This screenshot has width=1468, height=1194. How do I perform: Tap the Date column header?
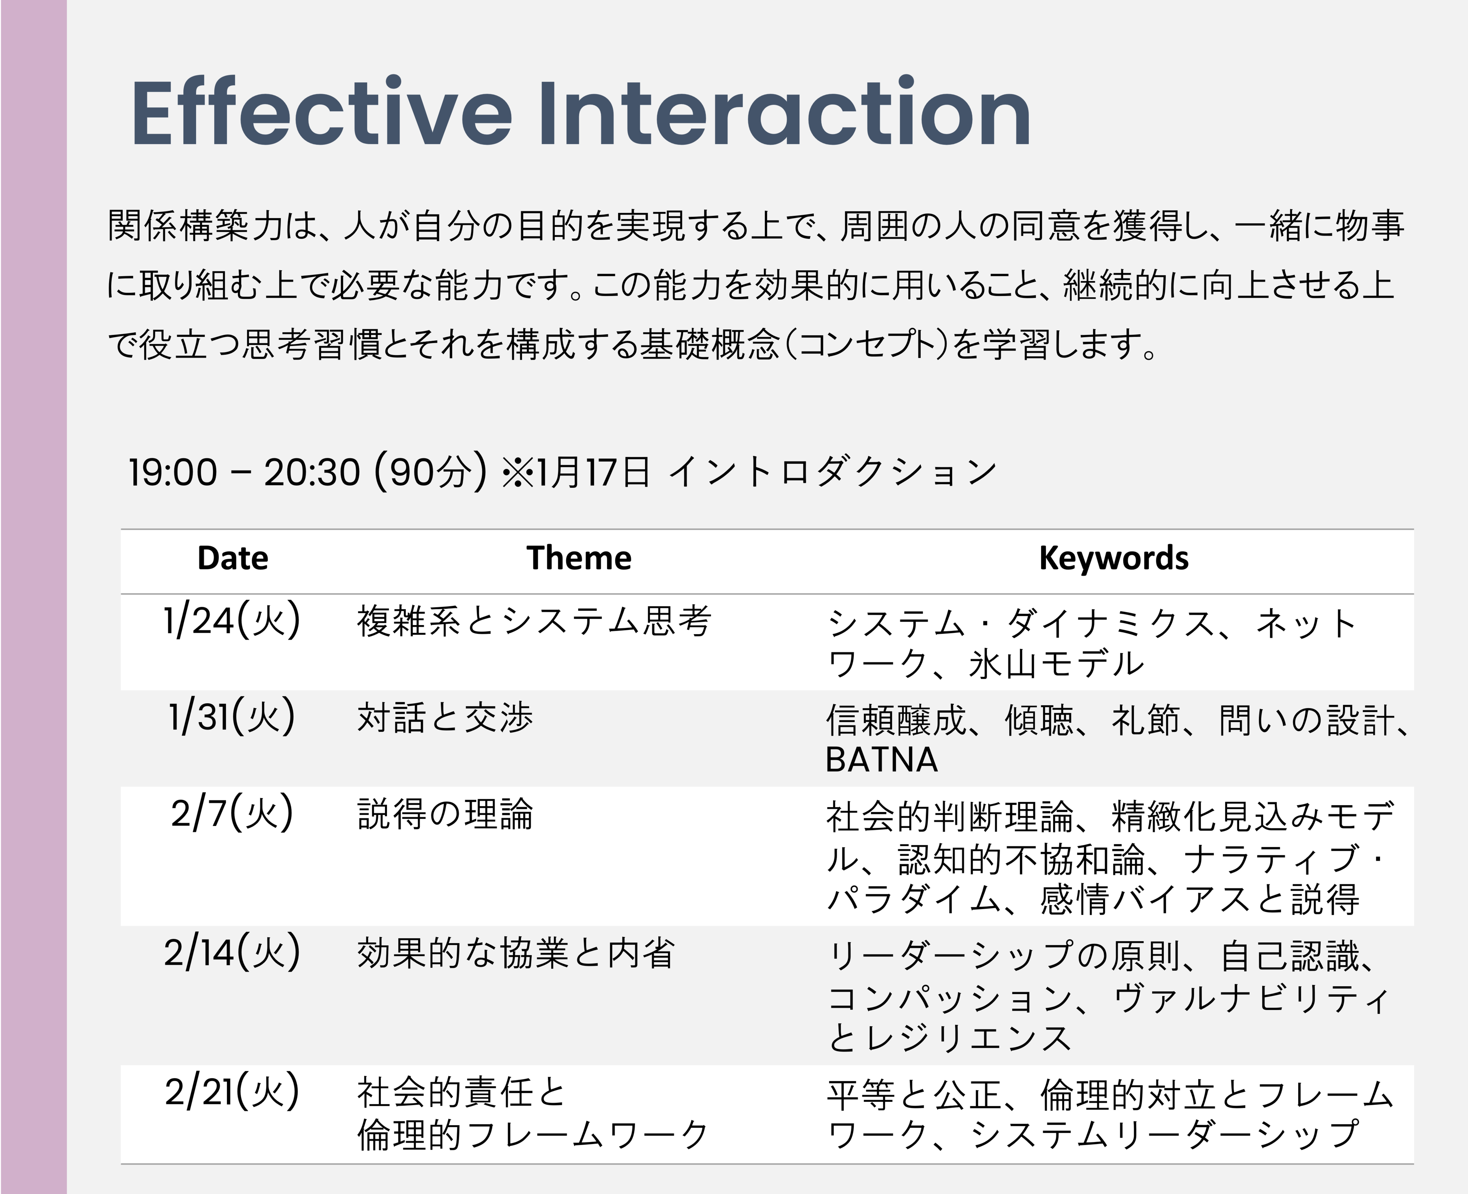233,558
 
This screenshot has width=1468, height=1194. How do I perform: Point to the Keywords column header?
1114,558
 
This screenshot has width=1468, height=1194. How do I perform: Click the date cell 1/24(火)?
232,621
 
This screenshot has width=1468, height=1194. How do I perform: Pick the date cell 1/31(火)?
232,717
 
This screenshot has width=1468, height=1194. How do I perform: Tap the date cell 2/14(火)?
232,952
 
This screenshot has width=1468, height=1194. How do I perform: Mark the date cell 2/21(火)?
232,1092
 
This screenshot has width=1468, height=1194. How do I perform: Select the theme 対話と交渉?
445,717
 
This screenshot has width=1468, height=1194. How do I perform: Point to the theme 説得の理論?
445,814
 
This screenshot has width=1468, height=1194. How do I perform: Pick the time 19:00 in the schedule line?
173,473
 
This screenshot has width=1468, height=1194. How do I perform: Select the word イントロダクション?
832,473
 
